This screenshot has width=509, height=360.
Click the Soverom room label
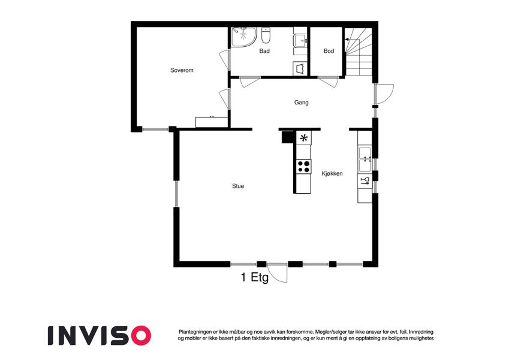[182, 70]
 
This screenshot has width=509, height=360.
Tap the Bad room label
[264, 51]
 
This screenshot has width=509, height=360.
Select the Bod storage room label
[329, 51]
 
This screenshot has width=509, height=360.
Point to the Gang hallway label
[301, 103]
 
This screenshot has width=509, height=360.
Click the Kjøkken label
[332, 173]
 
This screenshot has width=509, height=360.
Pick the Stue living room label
[238, 186]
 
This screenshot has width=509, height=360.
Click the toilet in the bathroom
[266, 36]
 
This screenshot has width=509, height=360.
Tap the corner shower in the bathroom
[244, 37]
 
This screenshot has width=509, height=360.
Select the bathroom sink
[300, 41]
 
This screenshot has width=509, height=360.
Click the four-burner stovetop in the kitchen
[303, 166]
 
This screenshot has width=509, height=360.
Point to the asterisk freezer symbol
[304, 138]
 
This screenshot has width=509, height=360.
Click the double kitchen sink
[365, 159]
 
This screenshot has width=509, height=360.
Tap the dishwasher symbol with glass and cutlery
[365, 181]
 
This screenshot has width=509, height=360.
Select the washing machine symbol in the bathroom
[300, 68]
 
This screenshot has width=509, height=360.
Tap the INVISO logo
[100, 335]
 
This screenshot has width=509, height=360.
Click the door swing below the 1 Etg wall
[278, 273]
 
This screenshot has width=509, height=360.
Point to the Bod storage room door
[328, 82]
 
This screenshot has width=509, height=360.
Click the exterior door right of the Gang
[384, 94]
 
